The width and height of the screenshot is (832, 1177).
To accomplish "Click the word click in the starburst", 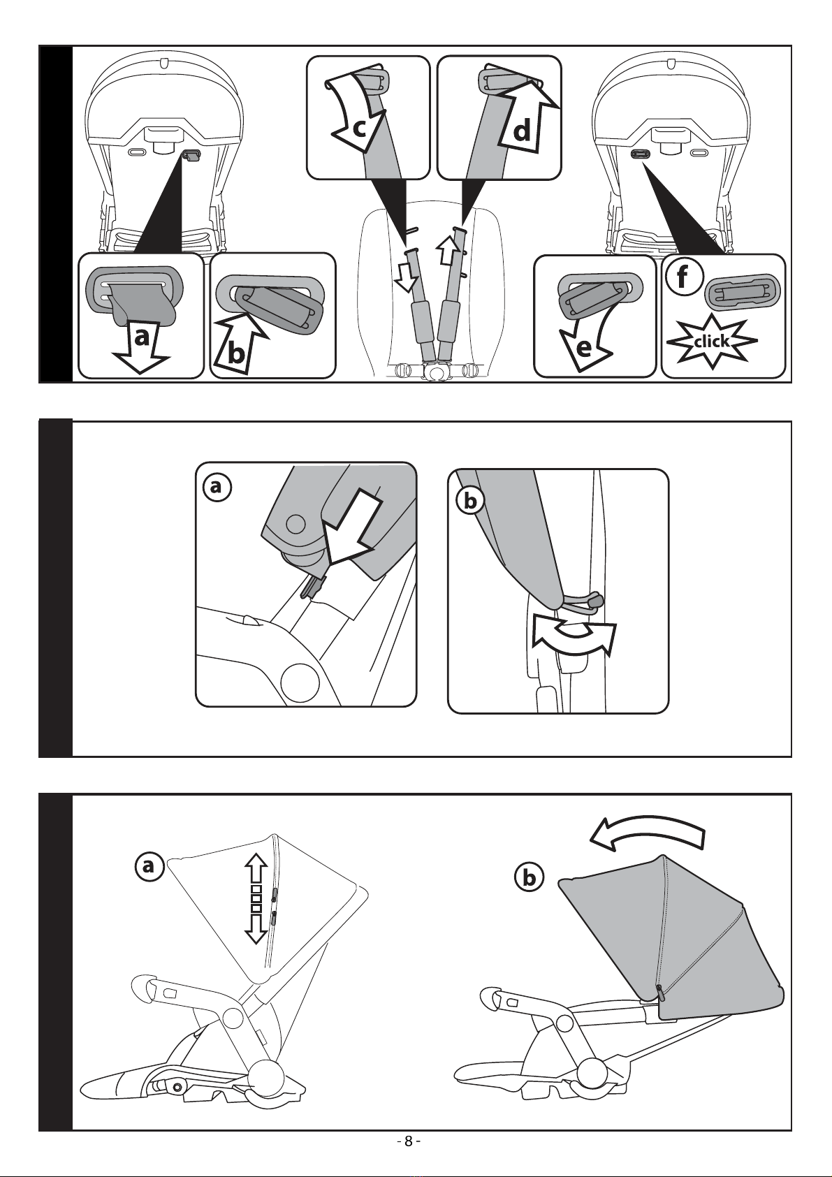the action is (712, 342).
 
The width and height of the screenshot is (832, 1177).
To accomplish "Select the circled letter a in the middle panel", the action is (214, 488).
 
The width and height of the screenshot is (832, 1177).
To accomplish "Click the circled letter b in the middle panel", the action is (470, 502).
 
